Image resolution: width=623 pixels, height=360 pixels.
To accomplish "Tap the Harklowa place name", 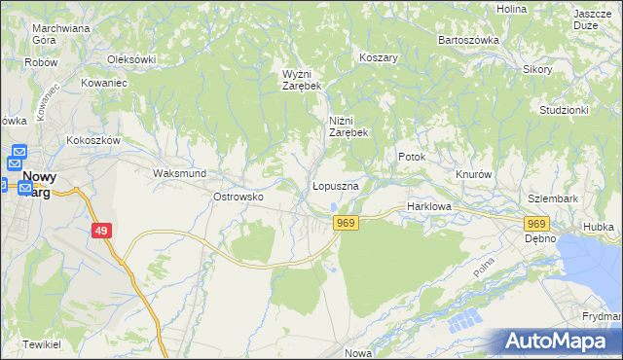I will [427, 206].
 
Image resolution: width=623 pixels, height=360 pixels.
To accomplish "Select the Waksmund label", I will [178, 173].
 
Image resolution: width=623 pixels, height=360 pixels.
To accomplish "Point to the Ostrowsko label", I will [239, 197].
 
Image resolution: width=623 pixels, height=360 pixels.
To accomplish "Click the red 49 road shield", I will [102, 231].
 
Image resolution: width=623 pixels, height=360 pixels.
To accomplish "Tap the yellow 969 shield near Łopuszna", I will [346, 223].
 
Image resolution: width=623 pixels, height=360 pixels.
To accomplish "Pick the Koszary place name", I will [380, 57].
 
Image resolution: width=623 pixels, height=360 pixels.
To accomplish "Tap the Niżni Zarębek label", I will [348, 126].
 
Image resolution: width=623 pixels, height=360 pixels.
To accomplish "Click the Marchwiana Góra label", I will [60, 34].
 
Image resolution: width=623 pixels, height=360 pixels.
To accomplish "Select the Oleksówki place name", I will [132, 59].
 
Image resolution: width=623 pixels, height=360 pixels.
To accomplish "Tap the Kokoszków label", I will [92, 140].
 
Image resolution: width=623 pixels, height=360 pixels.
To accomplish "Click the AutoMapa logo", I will [558, 342].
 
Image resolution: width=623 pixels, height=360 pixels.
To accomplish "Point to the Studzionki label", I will [564, 110].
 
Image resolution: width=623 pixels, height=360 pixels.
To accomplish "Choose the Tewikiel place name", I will [43, 345].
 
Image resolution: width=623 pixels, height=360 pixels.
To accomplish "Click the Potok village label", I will [412, 156].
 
